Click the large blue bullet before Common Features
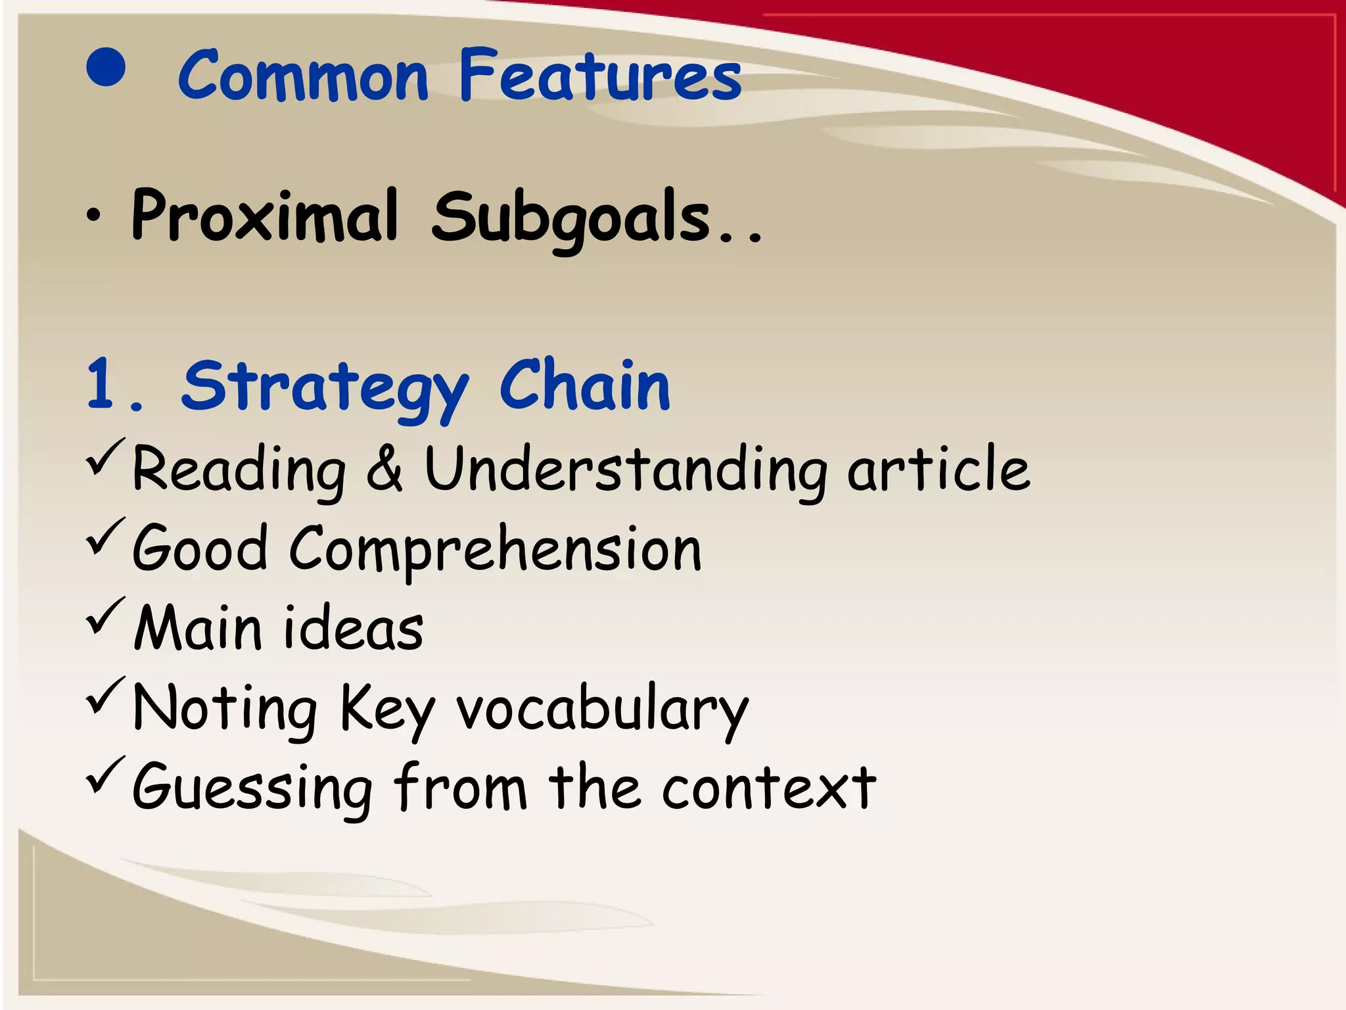(x=106, y=68)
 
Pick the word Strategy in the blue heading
(x=325, y=388)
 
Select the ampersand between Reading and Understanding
(x=384, y=468)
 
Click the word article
(x=939, y=468)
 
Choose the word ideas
(x=353, y=628)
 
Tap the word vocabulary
(x=603, y=710)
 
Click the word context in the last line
(x=769, y=788)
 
